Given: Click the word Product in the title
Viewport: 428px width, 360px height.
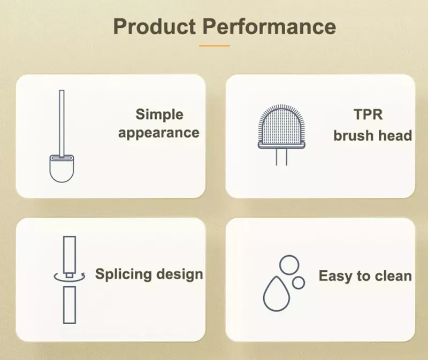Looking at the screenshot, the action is [155, 26].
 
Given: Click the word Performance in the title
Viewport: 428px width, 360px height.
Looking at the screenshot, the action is [270, 26].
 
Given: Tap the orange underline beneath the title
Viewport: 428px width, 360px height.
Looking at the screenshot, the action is [215, 46].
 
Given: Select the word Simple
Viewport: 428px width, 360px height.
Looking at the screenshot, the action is [159, 114].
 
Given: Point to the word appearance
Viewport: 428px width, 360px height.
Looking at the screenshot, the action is [159, 133].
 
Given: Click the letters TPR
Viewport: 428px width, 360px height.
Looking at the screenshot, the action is [368, 114].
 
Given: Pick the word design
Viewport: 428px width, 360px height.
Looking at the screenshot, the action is [180, 274].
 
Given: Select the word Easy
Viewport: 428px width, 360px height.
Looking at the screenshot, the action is [334, 276].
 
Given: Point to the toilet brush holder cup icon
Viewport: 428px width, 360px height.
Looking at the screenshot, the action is [62, 168].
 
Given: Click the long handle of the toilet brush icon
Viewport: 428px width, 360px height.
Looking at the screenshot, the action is [62, 124].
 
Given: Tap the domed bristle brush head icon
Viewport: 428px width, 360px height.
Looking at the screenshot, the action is [281, 126].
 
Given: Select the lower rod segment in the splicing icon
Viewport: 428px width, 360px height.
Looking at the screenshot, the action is [70, 305].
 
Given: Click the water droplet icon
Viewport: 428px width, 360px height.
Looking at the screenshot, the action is [276, 294].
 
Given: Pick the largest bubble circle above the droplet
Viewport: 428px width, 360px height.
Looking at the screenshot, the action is [289, 264].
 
